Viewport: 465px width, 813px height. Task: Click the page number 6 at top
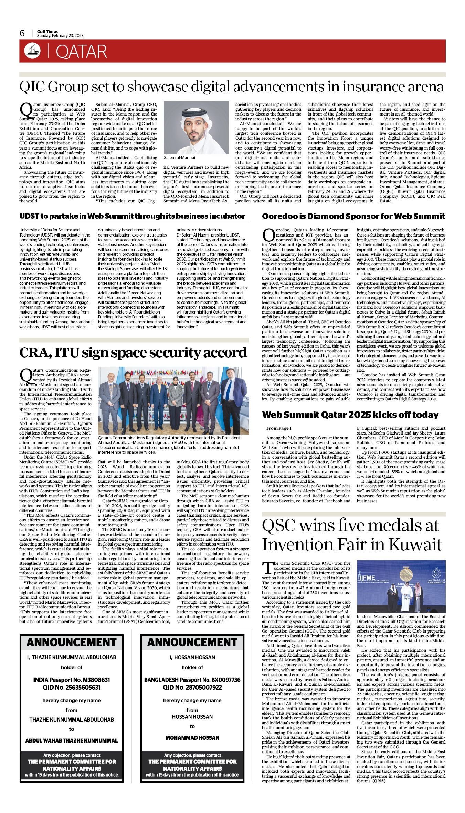22,33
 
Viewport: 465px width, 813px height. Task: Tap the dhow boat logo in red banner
32,51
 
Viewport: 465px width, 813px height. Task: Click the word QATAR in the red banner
81,52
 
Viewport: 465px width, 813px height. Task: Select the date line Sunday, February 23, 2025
60,36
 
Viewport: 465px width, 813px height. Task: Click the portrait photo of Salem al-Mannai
196,127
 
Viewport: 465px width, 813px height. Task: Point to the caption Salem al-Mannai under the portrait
179,157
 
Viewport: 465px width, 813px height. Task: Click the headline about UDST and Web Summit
132,216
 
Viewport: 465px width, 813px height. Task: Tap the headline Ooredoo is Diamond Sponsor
353,216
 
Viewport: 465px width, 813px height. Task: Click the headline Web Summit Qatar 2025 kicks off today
350,415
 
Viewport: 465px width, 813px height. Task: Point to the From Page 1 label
279,428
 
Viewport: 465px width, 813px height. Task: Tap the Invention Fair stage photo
401,586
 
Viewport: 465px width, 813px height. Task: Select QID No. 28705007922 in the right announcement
192,688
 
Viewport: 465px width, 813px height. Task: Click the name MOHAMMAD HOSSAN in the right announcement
192,738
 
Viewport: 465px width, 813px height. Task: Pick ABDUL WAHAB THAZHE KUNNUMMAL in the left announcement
72,740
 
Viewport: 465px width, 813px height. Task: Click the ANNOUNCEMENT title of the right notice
192,642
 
